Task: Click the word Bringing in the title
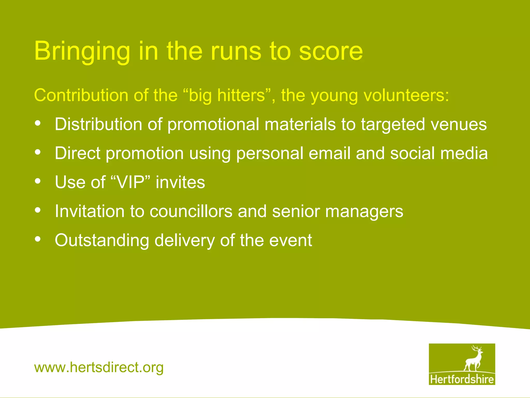click(82, 51)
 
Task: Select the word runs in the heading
click(236, 51)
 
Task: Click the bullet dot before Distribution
click(38, 123)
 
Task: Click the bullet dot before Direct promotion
click(38, 152)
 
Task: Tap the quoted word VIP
click(131, 182)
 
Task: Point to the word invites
click(180, 182)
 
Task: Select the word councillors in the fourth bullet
click(191, 211)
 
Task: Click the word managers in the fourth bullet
click(364, 212)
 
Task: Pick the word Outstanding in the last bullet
click(102, 241)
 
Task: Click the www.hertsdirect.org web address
click(99, 367)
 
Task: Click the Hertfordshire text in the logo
click(462, 379)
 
